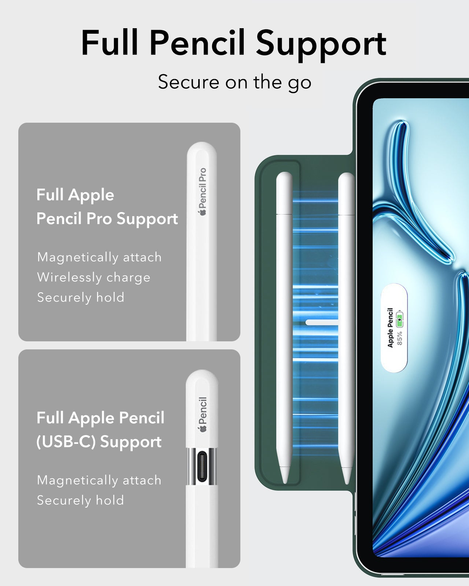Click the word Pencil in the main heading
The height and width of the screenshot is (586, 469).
click(x=197, y=43)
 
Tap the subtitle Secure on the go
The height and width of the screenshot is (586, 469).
click(x=234, y=82)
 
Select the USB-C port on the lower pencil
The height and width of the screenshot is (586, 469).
click(x=202, y=466)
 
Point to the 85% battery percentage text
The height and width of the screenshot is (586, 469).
click(x=399, y=338)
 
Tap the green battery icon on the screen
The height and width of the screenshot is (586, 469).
click(x=399, y=319)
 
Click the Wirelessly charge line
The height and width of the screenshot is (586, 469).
click(x=94, y=278)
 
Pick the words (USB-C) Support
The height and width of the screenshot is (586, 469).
click(x=99, y=442)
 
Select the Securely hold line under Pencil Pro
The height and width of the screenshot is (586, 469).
click(x=81, y=297)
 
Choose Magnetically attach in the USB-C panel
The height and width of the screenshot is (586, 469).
click(x=99, y=481)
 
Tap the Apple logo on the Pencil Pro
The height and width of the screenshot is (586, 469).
click(x=203, y=212)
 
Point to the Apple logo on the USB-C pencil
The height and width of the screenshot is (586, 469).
click(x=203, y=429)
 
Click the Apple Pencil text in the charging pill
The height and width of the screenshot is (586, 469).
click(x=390, y=327)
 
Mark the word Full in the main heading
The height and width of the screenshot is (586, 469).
click(x=110, y=42)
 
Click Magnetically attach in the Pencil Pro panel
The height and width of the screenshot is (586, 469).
click(x=99, y=257)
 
